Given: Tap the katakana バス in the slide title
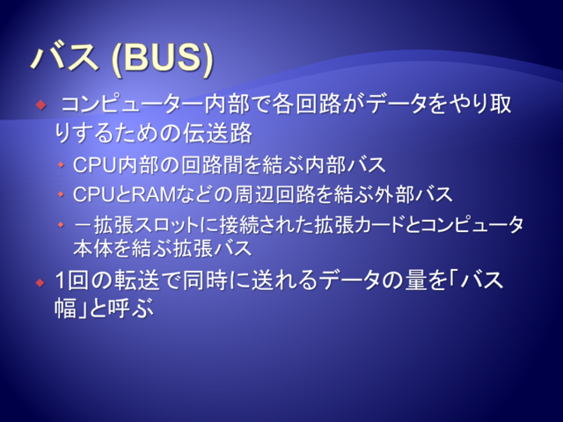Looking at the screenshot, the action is point(65,56).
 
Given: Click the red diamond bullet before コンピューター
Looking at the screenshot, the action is point(41,105).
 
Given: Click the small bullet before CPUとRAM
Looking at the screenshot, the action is point(61,194).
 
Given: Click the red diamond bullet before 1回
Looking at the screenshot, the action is point(40,283).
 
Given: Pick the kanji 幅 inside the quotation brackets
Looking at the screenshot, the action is point(66,308).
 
